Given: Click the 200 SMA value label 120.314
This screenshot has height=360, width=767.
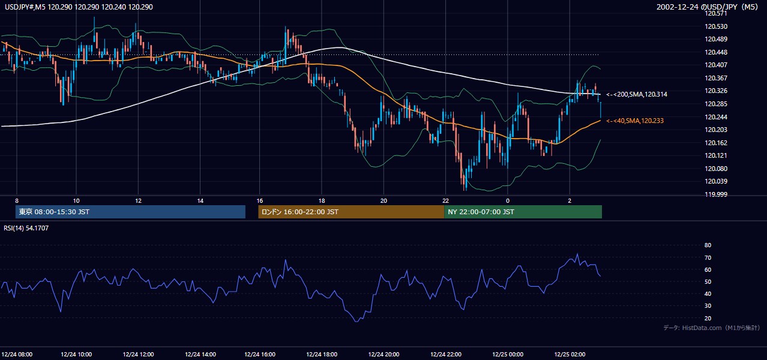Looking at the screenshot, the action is pos(637,94).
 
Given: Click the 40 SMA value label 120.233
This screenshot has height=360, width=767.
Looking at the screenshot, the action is pos(635,121).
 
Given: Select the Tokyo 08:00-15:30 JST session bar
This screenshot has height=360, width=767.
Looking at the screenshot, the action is pos(130,212).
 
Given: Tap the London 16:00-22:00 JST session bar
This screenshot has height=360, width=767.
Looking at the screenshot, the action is pos(351,212).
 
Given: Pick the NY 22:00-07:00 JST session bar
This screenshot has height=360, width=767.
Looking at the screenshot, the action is pos(523,212).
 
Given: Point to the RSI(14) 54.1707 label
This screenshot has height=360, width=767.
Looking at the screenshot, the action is pos(26,228).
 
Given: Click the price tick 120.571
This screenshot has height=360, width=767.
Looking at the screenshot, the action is pos(716,14).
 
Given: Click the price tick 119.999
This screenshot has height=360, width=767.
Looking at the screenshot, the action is pos(716,194).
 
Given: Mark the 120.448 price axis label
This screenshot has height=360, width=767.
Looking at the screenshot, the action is pos(716,52).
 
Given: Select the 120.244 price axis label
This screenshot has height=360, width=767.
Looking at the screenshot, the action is pos(716,117).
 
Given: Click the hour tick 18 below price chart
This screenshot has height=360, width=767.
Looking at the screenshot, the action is pos(322,201).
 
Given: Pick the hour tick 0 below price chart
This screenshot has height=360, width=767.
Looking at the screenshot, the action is pos(508,201).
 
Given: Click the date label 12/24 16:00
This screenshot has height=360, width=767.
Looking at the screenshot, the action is pos(259,355).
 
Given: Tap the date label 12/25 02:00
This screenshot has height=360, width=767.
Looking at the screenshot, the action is pos(570,355).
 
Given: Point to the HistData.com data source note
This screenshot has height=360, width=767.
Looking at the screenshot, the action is pos(711,328).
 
